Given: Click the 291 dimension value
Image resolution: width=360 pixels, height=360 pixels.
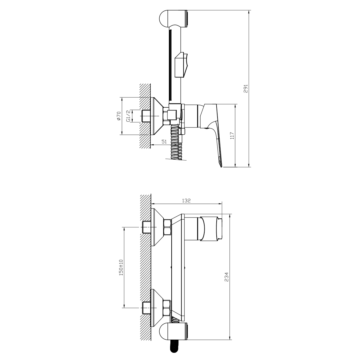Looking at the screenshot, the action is coord(245,88).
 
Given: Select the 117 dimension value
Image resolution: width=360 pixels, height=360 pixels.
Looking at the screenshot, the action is coord(232,136).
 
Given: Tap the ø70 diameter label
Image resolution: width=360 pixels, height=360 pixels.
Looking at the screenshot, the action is coord(119,116).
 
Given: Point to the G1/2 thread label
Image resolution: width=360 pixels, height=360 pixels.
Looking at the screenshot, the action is coord(128,116).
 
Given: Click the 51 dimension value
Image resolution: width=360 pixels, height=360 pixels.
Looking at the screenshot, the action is coord(164,142).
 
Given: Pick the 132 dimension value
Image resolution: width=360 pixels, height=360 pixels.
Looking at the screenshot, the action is coord(186,201).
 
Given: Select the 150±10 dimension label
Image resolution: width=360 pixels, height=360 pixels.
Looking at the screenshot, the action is coord(121,268).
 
